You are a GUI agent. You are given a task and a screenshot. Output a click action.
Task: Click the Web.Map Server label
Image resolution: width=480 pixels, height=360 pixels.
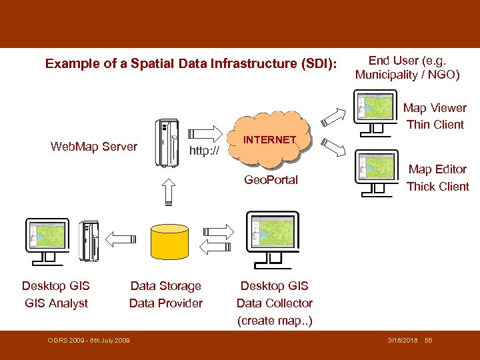94,147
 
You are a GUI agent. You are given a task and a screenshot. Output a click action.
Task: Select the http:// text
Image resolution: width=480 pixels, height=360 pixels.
204,151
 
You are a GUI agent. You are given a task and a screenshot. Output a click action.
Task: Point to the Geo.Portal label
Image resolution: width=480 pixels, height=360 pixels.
271,180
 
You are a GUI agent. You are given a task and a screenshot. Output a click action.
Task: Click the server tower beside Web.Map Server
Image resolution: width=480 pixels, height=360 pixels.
165,143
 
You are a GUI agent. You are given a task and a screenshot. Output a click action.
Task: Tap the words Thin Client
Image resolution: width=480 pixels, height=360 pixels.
435,125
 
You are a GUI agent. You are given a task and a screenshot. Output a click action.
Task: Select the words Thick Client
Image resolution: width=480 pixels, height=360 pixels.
437,187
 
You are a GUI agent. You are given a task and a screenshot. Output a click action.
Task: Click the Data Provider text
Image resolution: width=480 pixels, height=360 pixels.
165,303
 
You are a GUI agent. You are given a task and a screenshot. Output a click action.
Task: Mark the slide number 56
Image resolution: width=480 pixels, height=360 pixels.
428,341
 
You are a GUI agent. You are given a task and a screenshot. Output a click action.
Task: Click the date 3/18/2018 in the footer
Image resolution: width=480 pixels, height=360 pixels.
403,341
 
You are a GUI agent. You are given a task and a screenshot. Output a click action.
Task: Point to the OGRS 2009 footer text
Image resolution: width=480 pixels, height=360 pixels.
89,341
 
